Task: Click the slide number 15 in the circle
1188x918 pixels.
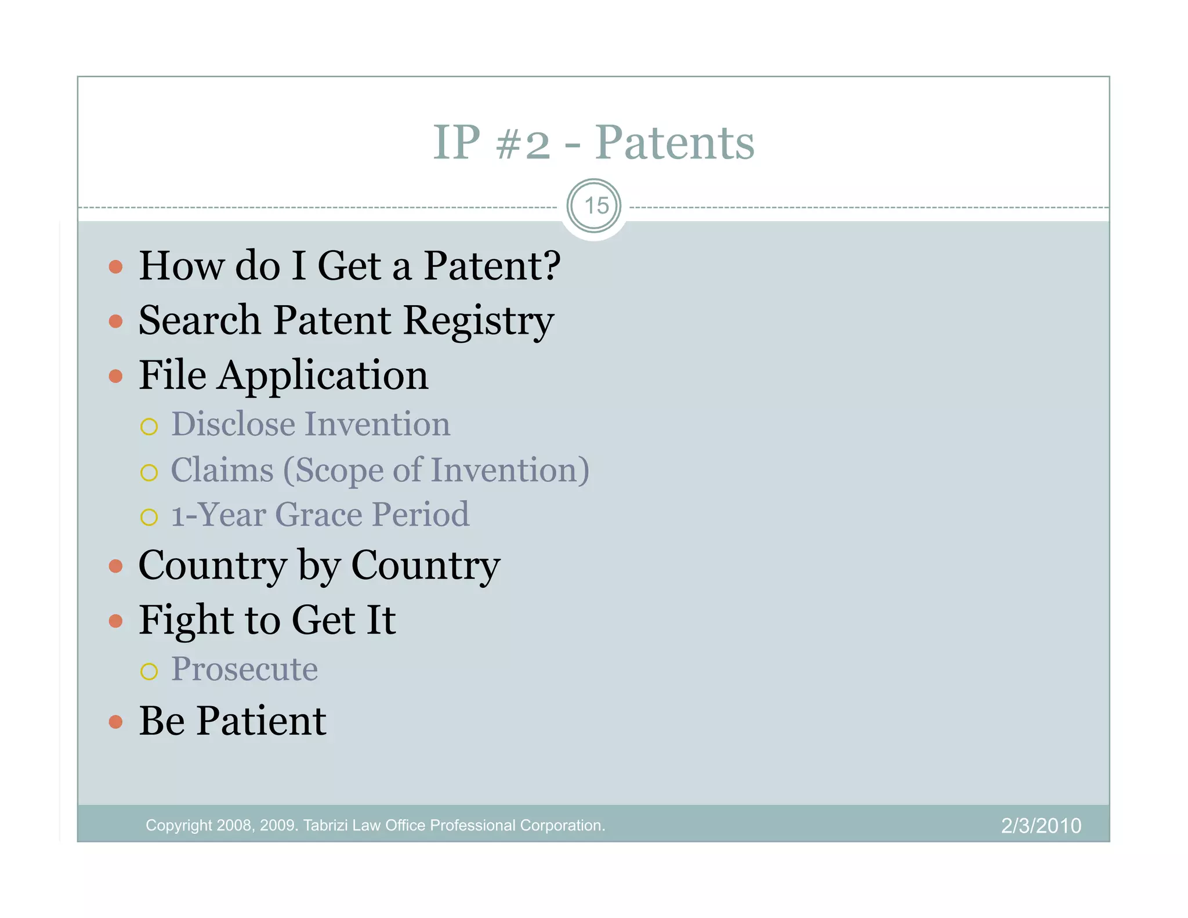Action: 596,206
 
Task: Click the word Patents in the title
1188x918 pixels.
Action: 675,143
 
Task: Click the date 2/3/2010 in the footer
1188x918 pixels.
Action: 1041,825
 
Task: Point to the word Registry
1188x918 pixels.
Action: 478,321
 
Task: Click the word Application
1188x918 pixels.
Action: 323,376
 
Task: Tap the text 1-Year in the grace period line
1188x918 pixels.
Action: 218,515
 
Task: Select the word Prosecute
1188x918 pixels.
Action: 244,670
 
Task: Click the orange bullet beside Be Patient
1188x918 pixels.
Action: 116,722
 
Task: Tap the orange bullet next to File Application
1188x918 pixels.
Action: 116,376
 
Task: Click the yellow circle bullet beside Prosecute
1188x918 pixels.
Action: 149,671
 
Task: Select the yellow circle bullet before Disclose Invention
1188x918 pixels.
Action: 149,427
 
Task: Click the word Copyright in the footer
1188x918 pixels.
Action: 179,825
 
